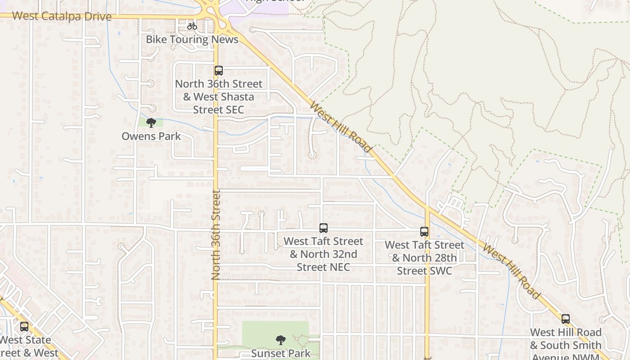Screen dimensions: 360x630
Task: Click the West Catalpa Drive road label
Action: tap(62, 16)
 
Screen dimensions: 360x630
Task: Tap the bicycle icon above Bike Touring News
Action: tap(192, 26)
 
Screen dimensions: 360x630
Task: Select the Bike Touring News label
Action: tap(192, 39)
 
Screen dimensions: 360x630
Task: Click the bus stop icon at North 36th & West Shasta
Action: tap(219, 71)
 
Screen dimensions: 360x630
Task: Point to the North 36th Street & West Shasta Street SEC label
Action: tap(219, 97)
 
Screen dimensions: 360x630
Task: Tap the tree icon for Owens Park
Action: tap(151, 123)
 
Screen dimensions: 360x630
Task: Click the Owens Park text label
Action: tap(151, 136)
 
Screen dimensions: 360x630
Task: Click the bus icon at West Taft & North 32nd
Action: tap(324, 228)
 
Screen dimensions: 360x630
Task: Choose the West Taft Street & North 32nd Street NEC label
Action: tap(324, 254)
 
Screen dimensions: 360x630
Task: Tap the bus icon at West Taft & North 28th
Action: tap(424, 232)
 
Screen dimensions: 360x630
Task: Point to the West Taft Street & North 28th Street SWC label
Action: tap(424, 258)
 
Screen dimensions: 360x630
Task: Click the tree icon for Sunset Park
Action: tap(281, 340)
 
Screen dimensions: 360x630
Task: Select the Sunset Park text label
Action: tap(281, 353)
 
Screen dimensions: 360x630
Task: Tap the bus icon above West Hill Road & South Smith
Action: tap(566, 319)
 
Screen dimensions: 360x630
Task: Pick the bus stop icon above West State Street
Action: tap(24, 327)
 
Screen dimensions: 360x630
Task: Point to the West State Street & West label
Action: tap(27, 346)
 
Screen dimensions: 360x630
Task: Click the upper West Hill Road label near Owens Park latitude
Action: tap(341, 127)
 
